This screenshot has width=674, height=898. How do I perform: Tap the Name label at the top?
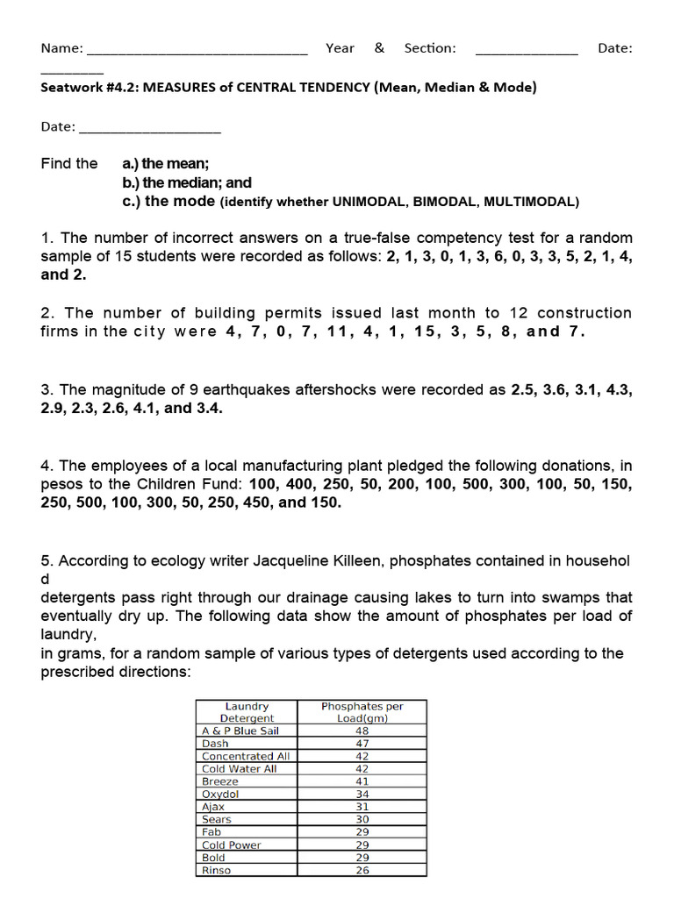point(62,48)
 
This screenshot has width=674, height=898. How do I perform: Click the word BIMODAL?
point(443,202)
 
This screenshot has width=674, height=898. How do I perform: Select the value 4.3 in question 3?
point(619,389)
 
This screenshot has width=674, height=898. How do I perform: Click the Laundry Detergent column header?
point(247,711)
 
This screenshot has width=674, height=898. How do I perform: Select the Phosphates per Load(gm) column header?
point(362,711)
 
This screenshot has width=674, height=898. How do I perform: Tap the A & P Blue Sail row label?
point(240,731)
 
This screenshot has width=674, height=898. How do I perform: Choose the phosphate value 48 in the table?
point(362,731)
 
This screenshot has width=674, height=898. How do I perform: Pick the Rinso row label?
point(216,870)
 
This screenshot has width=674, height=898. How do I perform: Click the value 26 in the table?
point(362,870)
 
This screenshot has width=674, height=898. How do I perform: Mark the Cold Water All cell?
point(239,768)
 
